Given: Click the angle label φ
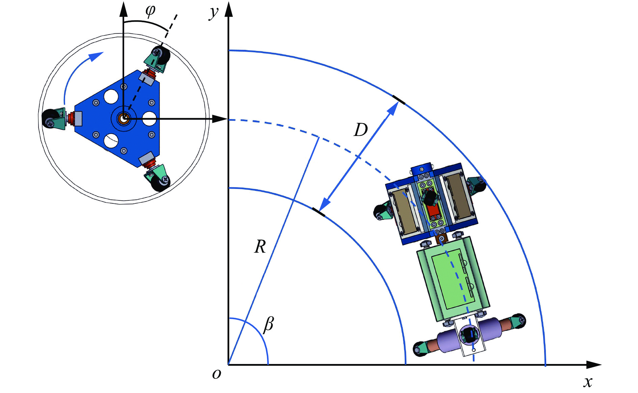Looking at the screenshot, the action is (150, 10).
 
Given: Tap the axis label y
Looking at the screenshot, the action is (214, 12).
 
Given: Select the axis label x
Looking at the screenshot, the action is (588, 382).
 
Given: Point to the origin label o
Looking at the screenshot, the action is (216, 374).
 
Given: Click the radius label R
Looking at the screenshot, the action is (260, 247).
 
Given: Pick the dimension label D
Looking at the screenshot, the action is (361, 130).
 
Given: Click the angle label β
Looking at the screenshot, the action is (269, 324).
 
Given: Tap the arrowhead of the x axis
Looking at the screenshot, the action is (594, 365).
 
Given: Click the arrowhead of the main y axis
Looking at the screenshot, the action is (229, 9).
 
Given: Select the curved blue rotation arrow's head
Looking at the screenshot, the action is (97, 56).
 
